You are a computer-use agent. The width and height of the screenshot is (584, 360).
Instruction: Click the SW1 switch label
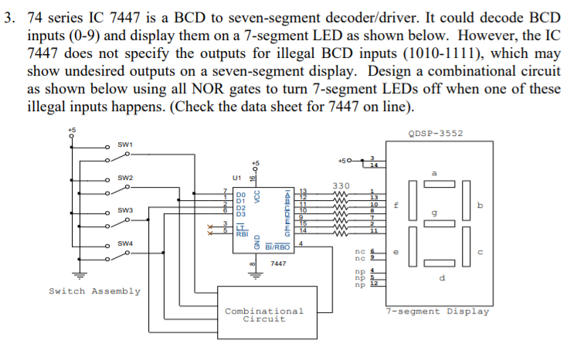point(126,144)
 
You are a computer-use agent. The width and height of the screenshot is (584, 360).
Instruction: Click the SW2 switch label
point(126,178)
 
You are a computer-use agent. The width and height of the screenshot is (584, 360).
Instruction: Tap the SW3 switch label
point(126,211)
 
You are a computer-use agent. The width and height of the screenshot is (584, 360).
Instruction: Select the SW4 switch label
point(126,244)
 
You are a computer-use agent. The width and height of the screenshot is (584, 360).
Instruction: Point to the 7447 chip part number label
point(278,264)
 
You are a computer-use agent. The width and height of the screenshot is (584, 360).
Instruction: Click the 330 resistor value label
point(341,185)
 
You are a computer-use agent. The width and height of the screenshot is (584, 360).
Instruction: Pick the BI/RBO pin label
point(277,246)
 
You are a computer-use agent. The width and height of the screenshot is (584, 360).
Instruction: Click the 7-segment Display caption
point(438,311)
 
